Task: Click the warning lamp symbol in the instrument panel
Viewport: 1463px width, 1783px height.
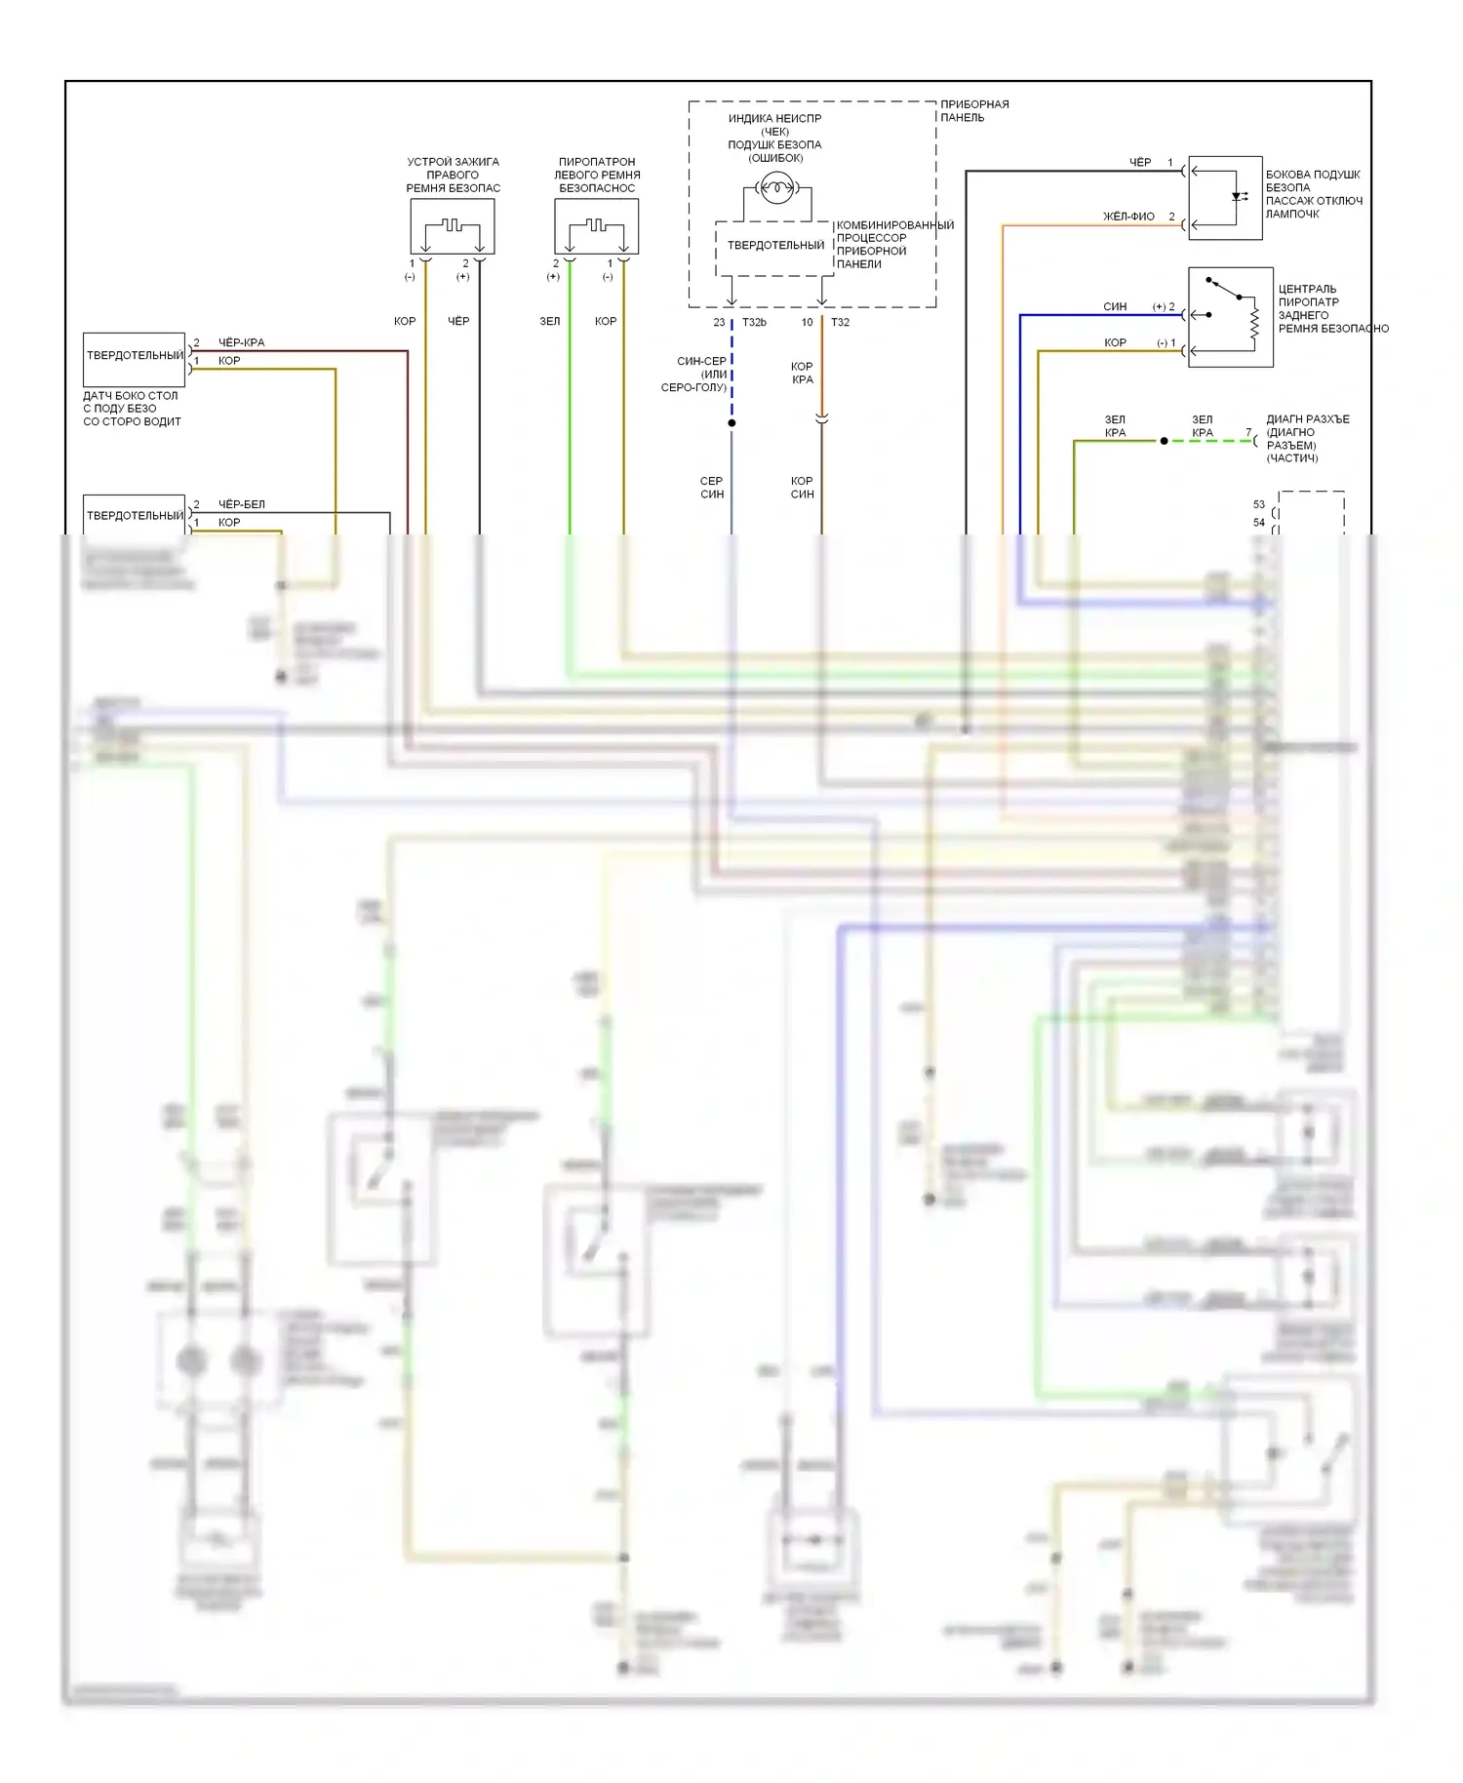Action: [776, 187]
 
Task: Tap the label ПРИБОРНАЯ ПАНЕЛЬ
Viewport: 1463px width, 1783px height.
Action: [973, 111]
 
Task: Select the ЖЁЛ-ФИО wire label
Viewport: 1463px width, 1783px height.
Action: [1128, 217]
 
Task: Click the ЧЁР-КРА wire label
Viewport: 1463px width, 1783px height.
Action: [241, 342]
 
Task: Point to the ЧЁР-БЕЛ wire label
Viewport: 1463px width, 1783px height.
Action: [241, 504]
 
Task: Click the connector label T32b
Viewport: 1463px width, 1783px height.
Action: [754, 322]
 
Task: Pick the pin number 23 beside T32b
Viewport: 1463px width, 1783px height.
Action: [719, 322]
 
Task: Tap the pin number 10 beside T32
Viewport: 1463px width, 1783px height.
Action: [807, 322]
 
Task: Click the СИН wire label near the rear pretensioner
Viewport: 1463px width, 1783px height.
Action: [1115, 306]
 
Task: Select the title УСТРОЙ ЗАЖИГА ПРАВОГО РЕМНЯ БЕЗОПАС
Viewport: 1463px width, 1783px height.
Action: [453, 175]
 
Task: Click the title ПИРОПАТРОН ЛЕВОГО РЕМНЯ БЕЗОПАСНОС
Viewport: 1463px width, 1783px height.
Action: [597, 175]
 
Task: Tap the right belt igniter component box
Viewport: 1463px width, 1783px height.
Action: [453, 226]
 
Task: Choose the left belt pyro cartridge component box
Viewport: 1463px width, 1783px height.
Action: [597, 226]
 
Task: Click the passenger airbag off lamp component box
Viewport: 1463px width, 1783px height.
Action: [1226, 198]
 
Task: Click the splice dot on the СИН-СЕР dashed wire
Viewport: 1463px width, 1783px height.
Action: [731, 423]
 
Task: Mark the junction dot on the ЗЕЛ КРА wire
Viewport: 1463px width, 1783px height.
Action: [1164, 441]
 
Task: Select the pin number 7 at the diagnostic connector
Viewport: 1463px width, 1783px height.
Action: [1248, 433]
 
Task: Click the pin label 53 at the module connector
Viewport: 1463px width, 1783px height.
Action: [1258, 504]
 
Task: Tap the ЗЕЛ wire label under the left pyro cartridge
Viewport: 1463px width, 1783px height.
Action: [550, 321]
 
